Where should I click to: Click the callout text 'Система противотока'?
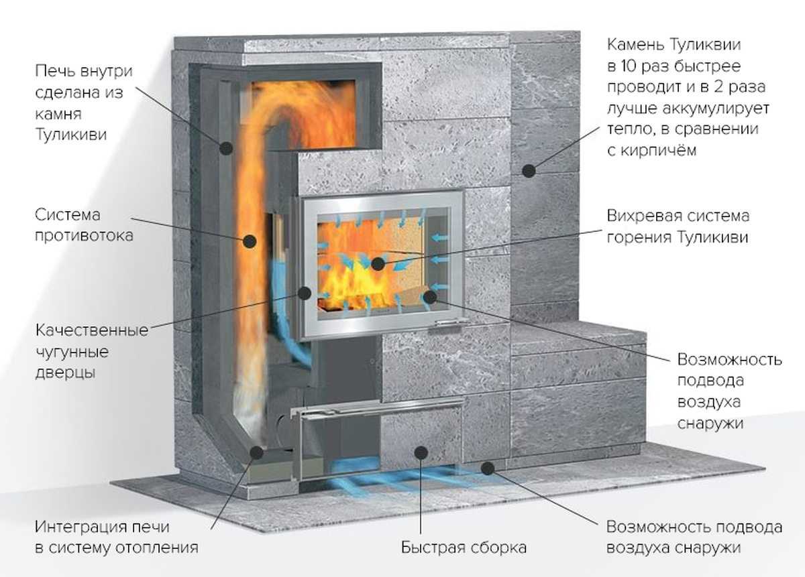83,225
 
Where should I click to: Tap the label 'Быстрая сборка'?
464,547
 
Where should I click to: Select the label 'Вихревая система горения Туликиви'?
678,227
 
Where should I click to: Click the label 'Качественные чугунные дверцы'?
91,352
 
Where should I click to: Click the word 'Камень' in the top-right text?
635,45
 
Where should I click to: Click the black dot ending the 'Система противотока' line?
250,239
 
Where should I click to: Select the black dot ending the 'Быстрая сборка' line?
421,452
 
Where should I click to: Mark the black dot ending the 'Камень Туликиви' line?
529,171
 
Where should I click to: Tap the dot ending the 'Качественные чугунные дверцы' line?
305,293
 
